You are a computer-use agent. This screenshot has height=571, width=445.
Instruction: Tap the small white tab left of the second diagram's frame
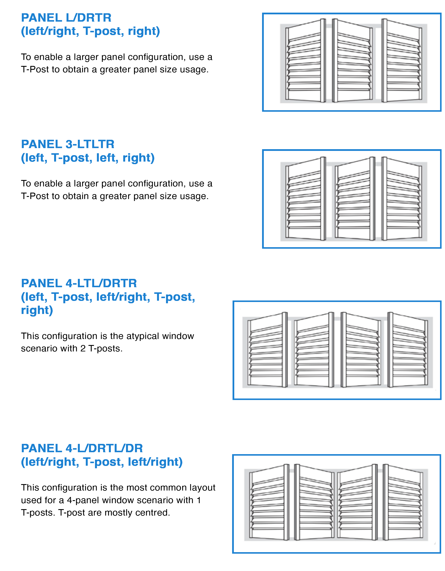tap(249, 252)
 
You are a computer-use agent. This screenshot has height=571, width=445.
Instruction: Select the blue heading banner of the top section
tap(141, 27)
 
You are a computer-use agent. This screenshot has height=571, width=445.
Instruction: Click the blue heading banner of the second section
tap(141, 152)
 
